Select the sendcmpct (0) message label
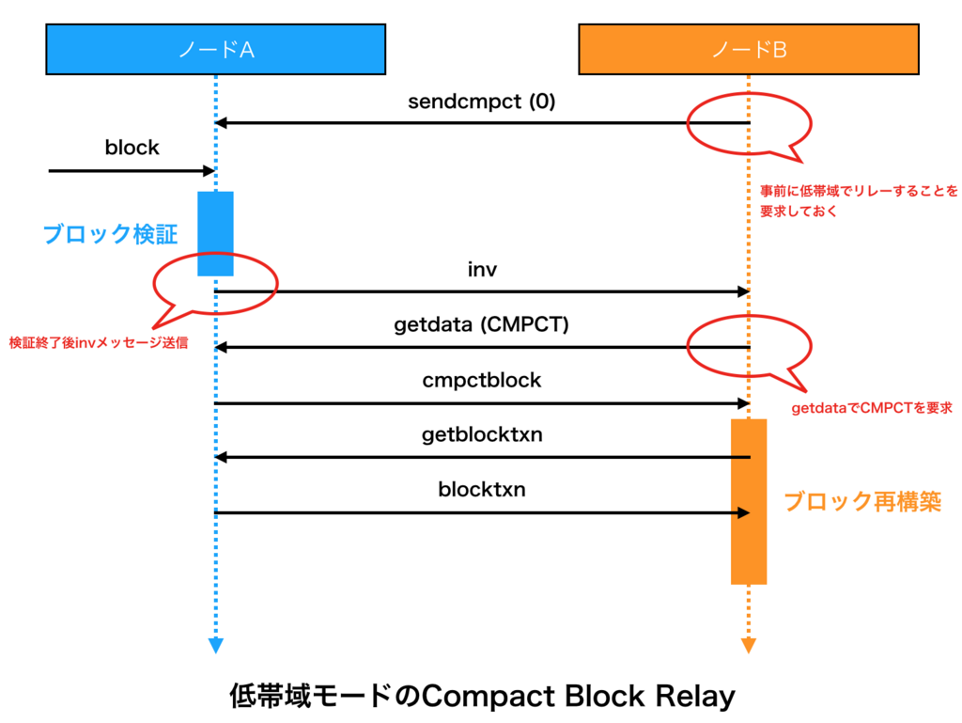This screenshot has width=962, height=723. point(481,102)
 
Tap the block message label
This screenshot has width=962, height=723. point(132,148)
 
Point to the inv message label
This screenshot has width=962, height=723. point(482,271)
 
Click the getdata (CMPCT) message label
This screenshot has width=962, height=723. point(481,326)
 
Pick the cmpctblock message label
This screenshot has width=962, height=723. point(482,381)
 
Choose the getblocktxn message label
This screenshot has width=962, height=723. point(482,435)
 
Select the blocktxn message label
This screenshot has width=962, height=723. point(482,490)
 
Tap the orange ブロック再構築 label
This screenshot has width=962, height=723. point(862,501)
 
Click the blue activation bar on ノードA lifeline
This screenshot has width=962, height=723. point(215,233)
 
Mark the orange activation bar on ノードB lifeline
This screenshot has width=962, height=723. point(749,501)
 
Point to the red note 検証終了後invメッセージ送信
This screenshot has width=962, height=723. point(98,344)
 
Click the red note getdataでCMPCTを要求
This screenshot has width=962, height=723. point(873,408)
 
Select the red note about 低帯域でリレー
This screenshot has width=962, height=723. point(859,201)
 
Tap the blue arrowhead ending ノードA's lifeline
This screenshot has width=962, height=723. point(216,646)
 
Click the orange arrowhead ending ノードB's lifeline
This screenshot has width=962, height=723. point(749,646)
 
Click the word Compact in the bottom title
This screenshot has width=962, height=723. point(479,697)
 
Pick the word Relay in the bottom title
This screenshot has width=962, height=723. point(694,697)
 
